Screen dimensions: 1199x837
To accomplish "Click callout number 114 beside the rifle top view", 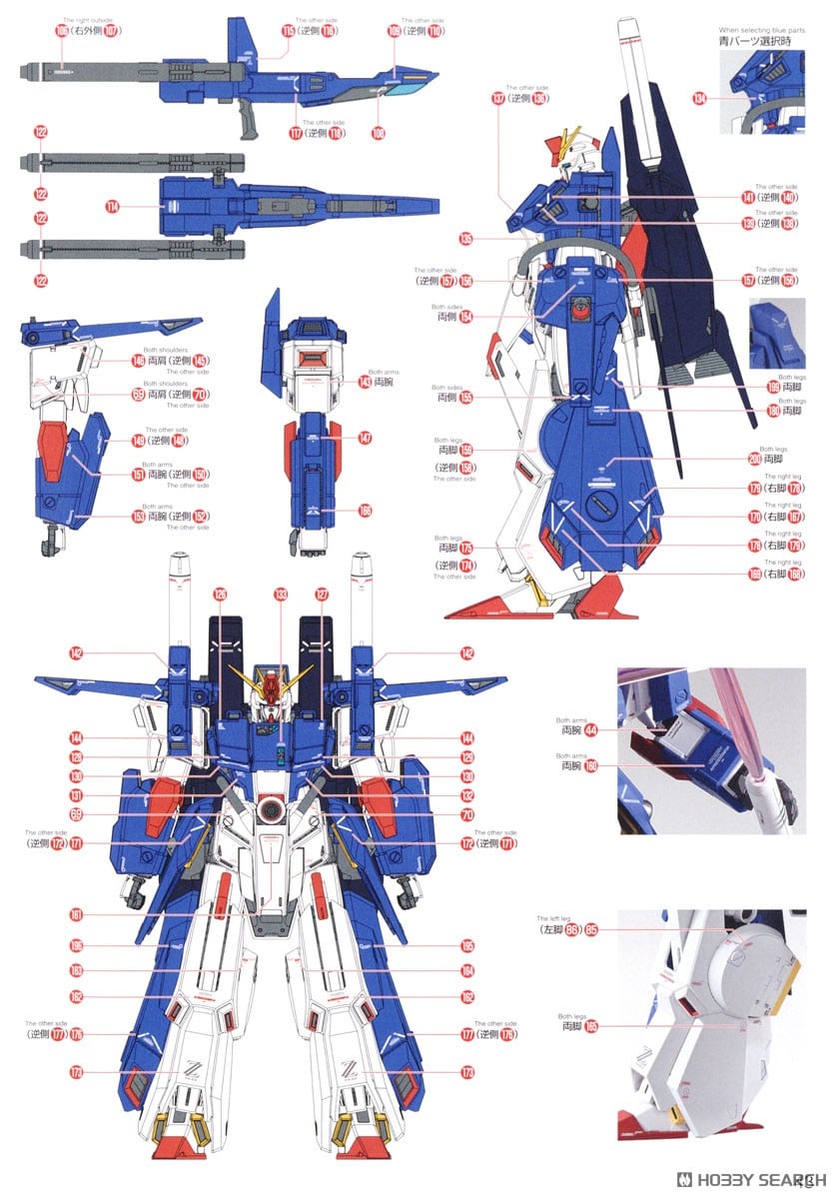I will pos(112,206).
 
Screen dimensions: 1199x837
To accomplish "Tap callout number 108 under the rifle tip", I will pos(378,132).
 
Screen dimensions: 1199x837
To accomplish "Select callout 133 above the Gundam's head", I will pos(281,595).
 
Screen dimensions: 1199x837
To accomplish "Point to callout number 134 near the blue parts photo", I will pos(699,97).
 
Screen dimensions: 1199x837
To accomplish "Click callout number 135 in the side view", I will pos(465,238).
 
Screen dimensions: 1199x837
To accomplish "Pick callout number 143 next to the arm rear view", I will pos(366,381).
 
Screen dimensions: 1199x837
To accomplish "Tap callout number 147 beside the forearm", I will pos(365,438).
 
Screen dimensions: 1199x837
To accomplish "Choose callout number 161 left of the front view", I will pos(76,914).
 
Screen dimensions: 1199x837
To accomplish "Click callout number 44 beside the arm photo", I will pos(590,729).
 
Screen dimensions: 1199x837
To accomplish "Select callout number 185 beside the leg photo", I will pos(590,1025).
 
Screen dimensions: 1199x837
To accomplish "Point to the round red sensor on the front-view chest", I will pos(272,808).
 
